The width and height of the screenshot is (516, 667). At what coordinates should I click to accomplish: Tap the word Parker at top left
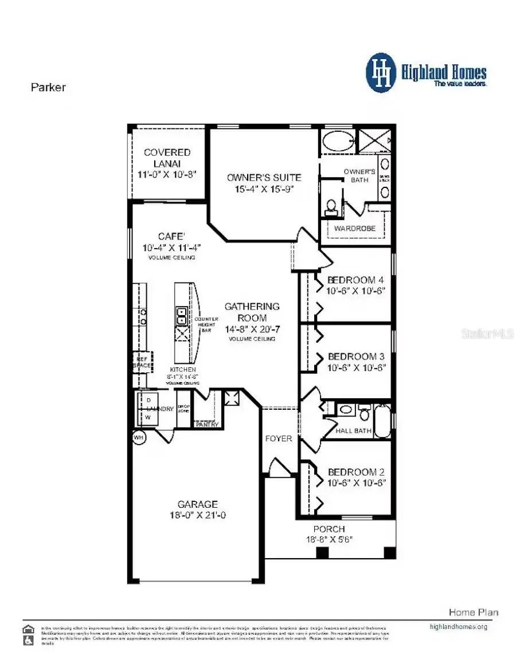pos(48,88)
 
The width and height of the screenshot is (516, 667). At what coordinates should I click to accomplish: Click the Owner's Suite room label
pos(264,178)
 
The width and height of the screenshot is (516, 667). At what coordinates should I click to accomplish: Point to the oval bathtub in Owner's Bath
pos(337,141)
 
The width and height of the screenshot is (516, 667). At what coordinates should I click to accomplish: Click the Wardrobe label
pos(354,228)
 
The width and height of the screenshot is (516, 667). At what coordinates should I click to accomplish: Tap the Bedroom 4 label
pos(355,280)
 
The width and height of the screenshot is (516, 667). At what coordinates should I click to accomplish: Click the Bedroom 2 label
pos(355,472)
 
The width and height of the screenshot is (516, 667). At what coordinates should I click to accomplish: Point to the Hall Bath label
pos(354,430)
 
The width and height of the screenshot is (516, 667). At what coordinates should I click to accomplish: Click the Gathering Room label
pos(252,312)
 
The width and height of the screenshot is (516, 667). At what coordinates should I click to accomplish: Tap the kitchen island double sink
pos(181,316)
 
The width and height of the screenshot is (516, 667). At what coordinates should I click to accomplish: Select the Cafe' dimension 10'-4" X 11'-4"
pos(171,248)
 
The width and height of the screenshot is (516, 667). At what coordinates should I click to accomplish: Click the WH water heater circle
pos(138,437)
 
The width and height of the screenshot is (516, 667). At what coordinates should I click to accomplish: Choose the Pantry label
pos(206,425)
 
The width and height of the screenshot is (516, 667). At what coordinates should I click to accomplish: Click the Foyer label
pos(279,438)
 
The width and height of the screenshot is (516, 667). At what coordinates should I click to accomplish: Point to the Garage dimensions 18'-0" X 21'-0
pos(197,515)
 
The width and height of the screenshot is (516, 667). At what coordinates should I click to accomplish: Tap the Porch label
pos(329,529)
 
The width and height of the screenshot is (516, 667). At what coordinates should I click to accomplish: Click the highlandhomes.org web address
pos(458,626)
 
